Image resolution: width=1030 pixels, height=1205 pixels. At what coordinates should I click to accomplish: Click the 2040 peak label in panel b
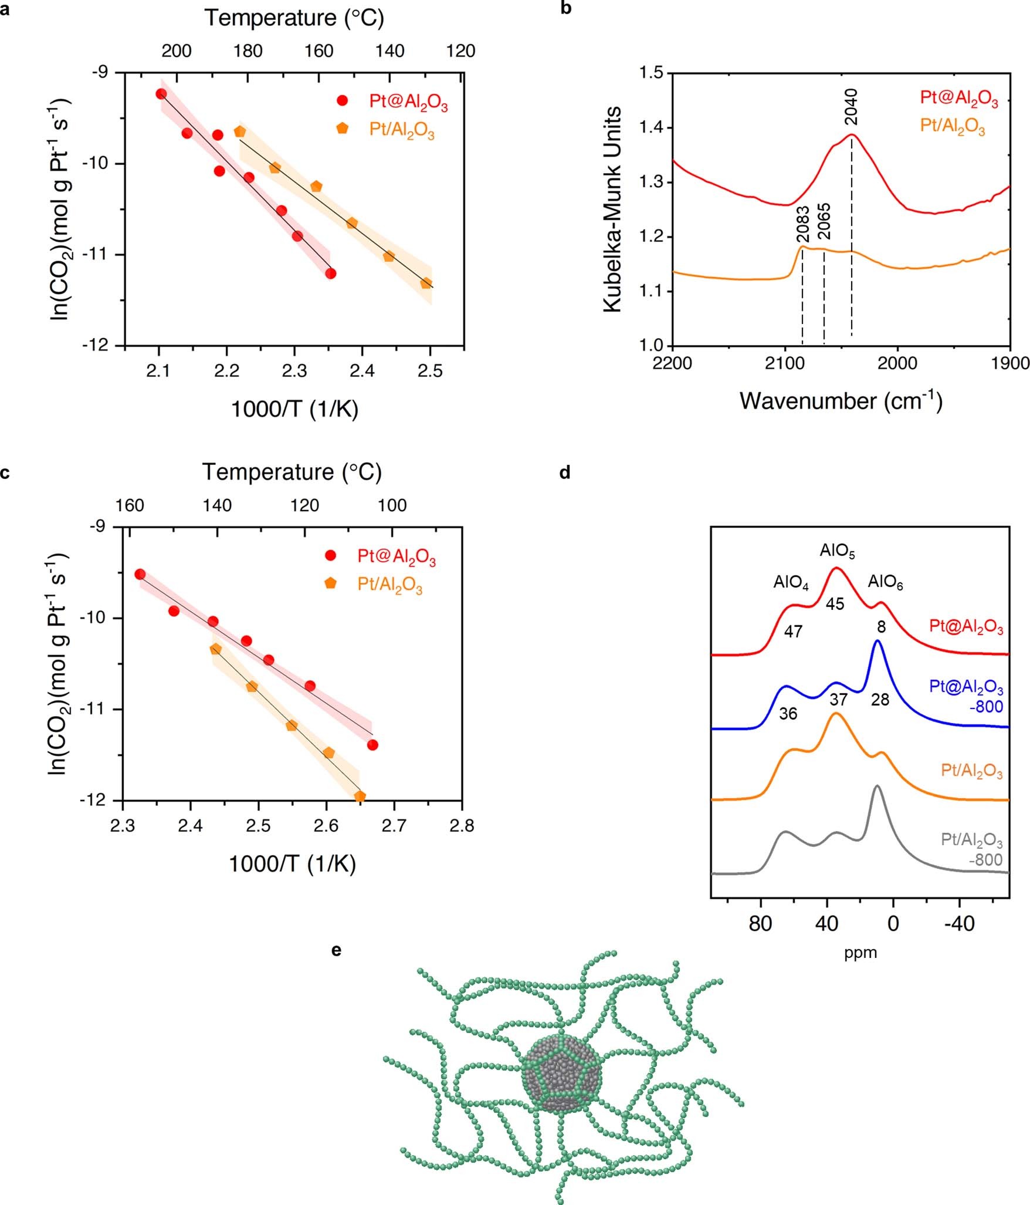[x=851, y=107]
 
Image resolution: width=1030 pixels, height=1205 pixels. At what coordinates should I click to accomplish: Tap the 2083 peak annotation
[x=802, y=224]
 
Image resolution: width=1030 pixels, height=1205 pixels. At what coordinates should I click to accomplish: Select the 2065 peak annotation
[x=824, y=221]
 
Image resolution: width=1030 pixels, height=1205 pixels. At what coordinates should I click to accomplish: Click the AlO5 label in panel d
[x=837, y=551]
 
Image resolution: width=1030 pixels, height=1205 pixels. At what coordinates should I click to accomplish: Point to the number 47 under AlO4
[x=793, y=632]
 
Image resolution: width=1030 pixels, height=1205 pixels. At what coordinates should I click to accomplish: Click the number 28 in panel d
[x=880, y=699]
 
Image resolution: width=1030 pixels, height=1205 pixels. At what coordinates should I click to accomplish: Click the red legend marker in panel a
[x=342, y=101]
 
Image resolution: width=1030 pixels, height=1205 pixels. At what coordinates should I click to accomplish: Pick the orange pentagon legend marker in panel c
[x=331, y=583]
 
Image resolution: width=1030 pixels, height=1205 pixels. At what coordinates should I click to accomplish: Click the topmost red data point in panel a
[x=161, y=94]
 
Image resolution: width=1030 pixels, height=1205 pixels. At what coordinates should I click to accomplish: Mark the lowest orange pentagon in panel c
[x=360, y=796]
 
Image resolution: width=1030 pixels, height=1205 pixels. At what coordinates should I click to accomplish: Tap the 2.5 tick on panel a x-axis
[x=430, y=372]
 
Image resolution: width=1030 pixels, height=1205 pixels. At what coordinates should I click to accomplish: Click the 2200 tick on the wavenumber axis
[x=672, y=363]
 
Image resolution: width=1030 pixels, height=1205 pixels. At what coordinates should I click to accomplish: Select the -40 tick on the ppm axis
[x=959, y=923]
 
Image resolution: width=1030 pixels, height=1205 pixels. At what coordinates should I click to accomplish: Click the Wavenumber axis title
[x=841, y=401]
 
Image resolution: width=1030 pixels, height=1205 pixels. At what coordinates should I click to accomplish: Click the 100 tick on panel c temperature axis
[x=392, y=505]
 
